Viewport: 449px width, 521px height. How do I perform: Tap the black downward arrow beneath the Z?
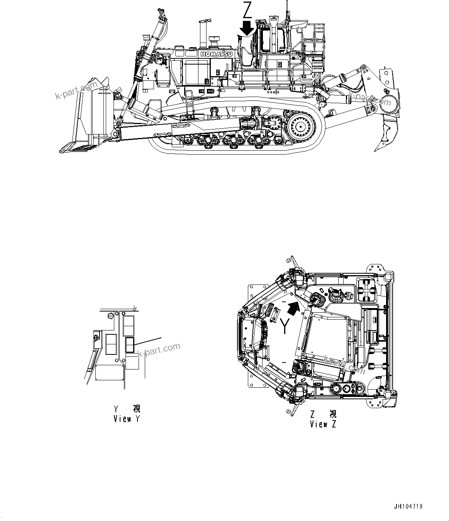tap(246, 28)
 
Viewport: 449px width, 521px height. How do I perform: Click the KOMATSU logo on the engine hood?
tap(216, 54)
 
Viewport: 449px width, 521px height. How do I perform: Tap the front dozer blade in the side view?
tap(83, 120)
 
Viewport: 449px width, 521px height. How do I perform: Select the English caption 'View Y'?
tap(126, 419)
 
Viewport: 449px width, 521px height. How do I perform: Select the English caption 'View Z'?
tap(323, 424)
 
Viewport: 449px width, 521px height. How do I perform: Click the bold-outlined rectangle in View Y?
tap(130, 345)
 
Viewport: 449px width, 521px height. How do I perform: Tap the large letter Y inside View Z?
tap(285, 325)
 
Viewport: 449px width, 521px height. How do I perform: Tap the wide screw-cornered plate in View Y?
tap(110, 375)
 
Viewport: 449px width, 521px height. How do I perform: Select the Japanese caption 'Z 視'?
tap(324, 414)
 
